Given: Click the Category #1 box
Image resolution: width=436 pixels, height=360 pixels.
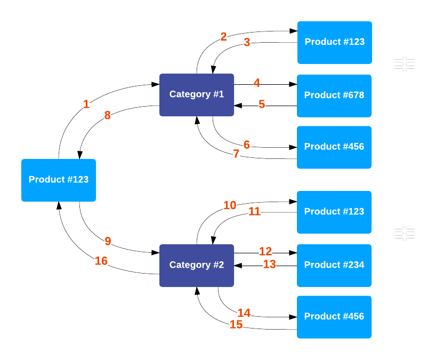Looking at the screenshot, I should (197, 94).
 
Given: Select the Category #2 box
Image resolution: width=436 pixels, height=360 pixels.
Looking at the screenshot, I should (197, 265).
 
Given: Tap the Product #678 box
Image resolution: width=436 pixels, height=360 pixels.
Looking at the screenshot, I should (334, 95).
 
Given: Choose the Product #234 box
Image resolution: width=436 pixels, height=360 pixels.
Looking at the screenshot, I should (334, 265).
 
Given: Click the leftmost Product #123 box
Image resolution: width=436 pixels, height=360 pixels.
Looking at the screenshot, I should (59, 180).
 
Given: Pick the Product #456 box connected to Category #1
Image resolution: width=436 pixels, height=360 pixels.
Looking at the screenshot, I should (334, 147).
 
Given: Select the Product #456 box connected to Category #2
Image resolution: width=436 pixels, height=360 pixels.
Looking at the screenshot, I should (334, 316).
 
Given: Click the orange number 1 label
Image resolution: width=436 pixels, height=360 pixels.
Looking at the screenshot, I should (86, 105).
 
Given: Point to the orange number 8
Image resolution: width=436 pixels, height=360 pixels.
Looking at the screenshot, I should (108, 115).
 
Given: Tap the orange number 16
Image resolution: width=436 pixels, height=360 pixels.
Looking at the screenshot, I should (101, 261).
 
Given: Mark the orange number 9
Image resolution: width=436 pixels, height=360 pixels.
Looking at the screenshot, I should (108, 242).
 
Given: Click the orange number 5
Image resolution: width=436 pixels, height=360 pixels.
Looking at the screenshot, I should (262, 104).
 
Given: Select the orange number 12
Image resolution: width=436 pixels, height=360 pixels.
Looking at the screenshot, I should (265, 251).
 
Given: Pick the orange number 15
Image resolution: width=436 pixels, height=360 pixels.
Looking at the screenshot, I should (236, 324).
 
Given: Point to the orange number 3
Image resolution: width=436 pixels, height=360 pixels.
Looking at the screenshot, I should (247, 42).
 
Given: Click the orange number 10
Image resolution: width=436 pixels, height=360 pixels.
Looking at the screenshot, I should (230, 205).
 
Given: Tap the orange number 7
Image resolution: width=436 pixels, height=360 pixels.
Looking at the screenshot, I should (236, 154).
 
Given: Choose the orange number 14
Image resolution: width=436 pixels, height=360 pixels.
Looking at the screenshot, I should (244, 313).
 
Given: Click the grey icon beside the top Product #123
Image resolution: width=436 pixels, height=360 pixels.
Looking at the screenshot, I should (405, 64).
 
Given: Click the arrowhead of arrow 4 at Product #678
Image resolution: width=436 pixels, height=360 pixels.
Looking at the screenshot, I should (293, 84).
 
